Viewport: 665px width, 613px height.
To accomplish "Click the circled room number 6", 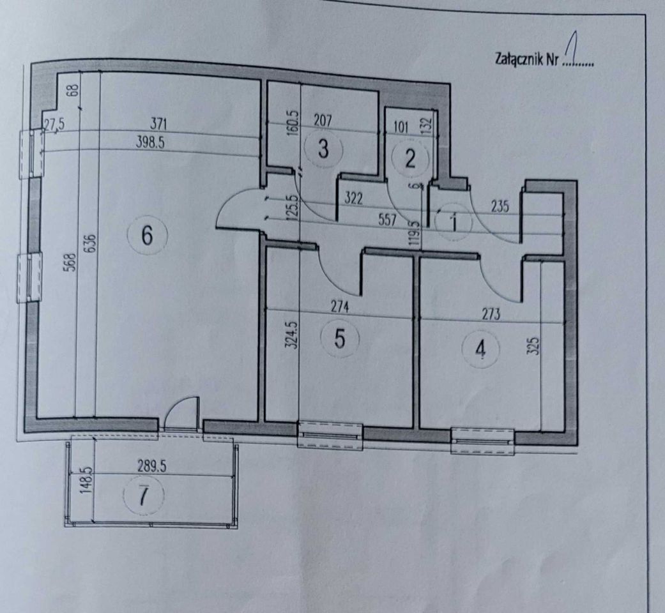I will coord(147,236).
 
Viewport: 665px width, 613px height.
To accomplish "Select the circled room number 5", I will coord(340,338).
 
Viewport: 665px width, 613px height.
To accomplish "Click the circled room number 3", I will coord(323,149).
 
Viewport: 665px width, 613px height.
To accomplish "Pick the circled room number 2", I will coord(409,158).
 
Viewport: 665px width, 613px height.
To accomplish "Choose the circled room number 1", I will coord(453,222).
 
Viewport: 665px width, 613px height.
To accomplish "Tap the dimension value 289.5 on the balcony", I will coord(151,467).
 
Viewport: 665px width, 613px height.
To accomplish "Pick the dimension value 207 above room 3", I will coord(325,119).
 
